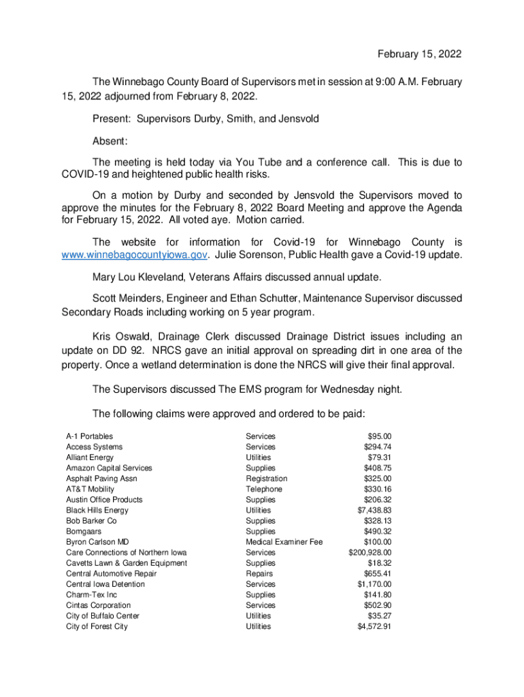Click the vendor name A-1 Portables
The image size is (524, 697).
[x=90, y=436]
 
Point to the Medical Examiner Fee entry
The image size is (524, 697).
[x=284, y=542]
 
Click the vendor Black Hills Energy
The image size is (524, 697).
[x=97, y=510]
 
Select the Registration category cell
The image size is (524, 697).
[x=267, y=479]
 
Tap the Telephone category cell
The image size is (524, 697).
[x=264, y=489]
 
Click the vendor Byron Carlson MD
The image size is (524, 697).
[x=97, y=542]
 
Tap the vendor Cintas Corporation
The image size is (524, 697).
[x=98, y=605]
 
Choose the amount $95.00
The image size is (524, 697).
[x=380, y=436]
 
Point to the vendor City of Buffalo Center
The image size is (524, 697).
[x=103, y=616]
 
